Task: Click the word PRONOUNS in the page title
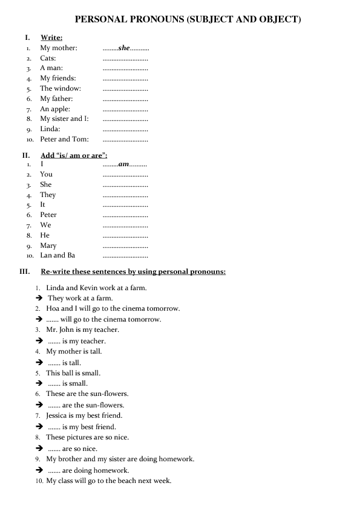click(x=159, y=19)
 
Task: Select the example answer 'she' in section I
click(x=125, y=48)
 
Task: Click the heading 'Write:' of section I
click(x=51, y=38)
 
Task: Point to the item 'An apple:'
click(x=55, y=109)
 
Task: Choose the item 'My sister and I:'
click(x=64, y=118)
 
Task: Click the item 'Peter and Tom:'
click(x=64, y=139)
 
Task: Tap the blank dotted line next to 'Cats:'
click(x=125, y=59)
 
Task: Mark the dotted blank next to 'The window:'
click(x=125, y=89)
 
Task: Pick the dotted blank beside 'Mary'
click(x=125, y=246)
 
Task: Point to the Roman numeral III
click(x=25, y=271)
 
